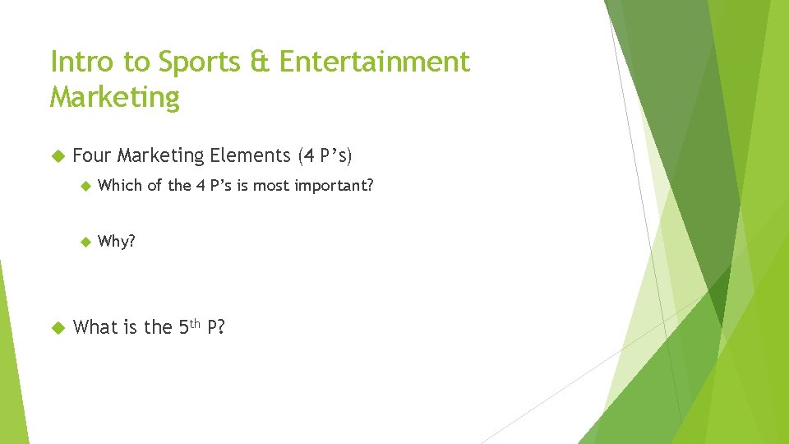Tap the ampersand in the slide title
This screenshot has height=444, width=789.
(x=260, y=62)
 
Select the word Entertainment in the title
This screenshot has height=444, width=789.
(x=374, y=62)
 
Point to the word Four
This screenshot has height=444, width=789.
(x=92, y=155)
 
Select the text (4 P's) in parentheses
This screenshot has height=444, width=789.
(x=325, y=155)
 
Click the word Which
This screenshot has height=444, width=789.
(x=120, y=186)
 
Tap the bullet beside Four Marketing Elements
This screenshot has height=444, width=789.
(x=58, y=155)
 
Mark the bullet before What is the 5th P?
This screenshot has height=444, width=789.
(x=58, y=327)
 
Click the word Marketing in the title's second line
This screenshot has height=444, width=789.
(x=114, y=97)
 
